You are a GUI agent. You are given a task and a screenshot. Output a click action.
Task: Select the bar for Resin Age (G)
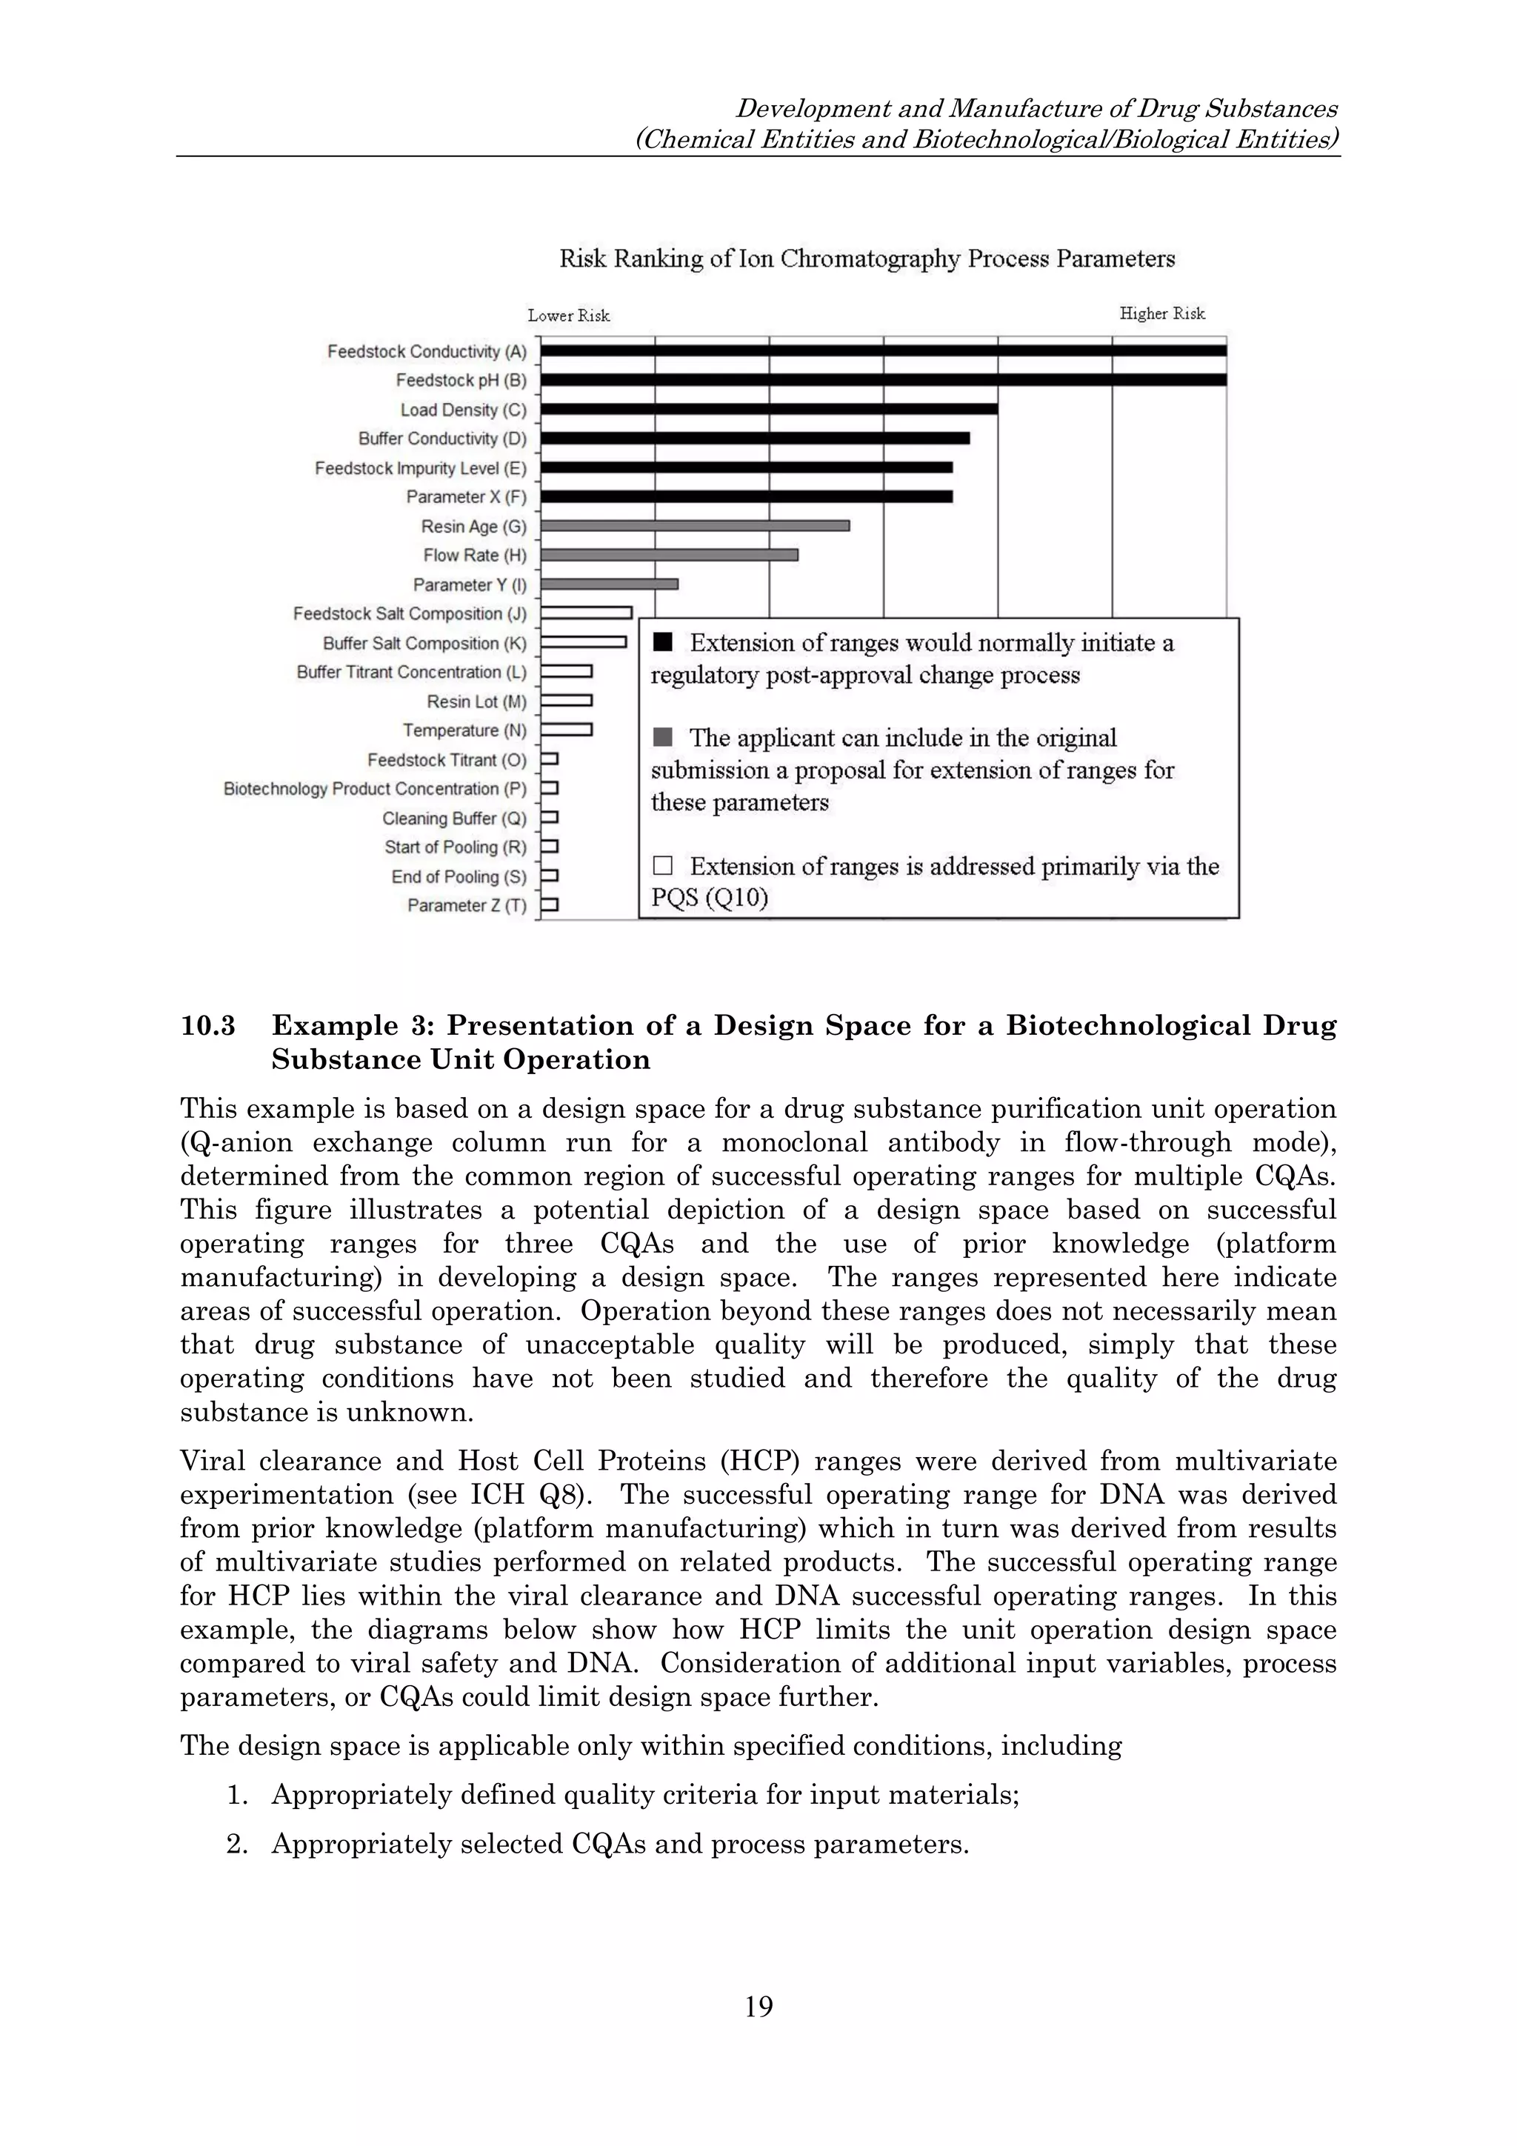tap(695, 526)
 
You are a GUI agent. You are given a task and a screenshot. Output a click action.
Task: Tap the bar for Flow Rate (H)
tap(669, 555)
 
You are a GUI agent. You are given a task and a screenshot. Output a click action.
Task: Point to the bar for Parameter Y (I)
tap(610, 584)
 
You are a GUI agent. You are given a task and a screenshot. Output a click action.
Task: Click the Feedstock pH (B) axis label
tap(461, 381)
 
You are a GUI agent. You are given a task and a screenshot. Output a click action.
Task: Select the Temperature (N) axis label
tap(464, 730)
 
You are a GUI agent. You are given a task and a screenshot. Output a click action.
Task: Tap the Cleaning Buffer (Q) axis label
tap(454, 818)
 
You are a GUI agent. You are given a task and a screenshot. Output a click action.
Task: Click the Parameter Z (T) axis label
tap(467, 904)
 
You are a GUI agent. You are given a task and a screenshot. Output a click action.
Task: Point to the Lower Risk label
tap(568, 316)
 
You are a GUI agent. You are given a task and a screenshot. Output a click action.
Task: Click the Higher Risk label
tap(1161, 313)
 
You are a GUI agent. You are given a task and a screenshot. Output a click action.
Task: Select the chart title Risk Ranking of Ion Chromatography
tap(867, 259)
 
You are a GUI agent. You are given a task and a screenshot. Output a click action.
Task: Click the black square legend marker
tap(663, 642)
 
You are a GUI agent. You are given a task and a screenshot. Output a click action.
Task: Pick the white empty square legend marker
tap(663, 865)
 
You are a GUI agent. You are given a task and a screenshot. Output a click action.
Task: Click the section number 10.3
tap(207, 1026)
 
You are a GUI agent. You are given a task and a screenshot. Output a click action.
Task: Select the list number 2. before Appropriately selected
tap(236, 1844)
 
